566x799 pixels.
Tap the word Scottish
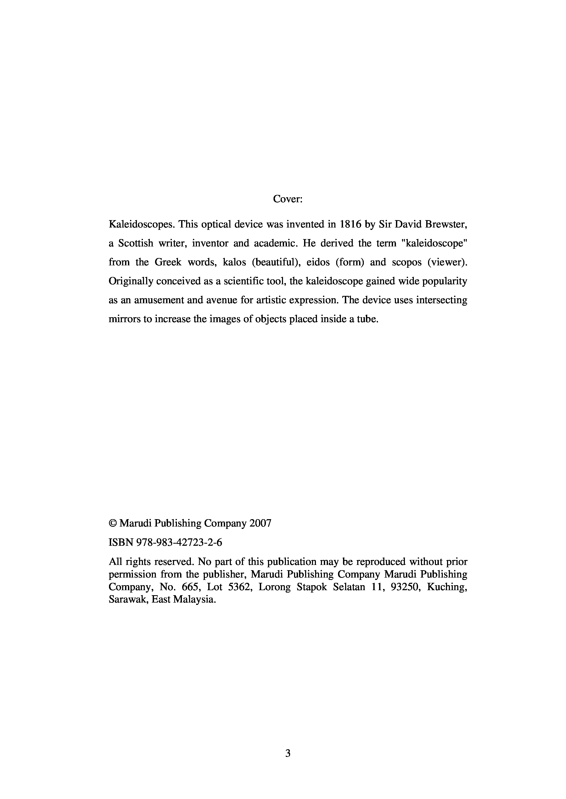(136, 243)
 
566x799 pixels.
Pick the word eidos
(318, 262)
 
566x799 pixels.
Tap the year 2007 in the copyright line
(260, 523)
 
